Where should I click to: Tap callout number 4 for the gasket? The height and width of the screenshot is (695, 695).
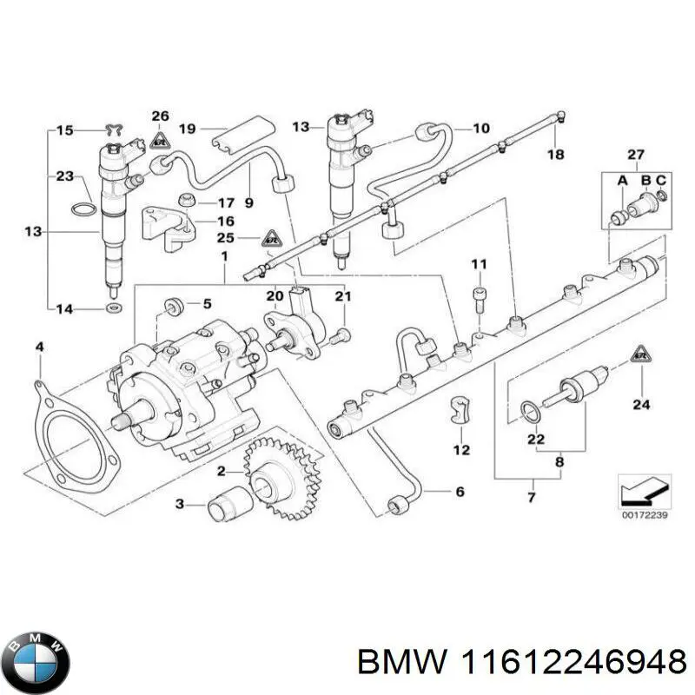click(38, 348)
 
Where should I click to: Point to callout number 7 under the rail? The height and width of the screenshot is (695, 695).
click(532, 497)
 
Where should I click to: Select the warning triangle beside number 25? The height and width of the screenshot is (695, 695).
click(272, 237)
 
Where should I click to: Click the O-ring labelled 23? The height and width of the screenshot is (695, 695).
click(83, 210)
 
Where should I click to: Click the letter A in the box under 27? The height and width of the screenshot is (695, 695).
click(622, 180)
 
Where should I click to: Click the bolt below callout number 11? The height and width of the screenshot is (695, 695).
click(479, 298)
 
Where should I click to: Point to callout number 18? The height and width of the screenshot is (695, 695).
click(555, 154)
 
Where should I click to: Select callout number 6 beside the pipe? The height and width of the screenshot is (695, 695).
click(460, 492)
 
